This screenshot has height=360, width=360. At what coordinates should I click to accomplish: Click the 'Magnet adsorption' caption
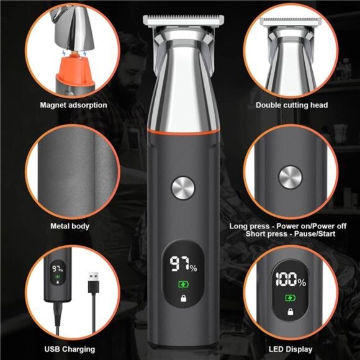coord(73,105)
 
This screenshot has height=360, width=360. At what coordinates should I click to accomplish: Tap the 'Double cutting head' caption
coord(292,105)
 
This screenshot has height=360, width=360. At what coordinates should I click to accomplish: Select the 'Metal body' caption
coord(70,226)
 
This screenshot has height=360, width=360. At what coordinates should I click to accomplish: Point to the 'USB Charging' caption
coord(70,349)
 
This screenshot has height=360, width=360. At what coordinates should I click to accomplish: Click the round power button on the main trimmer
coord(182,188)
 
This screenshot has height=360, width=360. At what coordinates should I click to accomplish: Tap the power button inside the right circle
coord(290,177)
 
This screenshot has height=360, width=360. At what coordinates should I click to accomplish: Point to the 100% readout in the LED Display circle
coord(290,281)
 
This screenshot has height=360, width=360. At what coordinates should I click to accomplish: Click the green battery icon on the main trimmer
coord(182,285)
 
